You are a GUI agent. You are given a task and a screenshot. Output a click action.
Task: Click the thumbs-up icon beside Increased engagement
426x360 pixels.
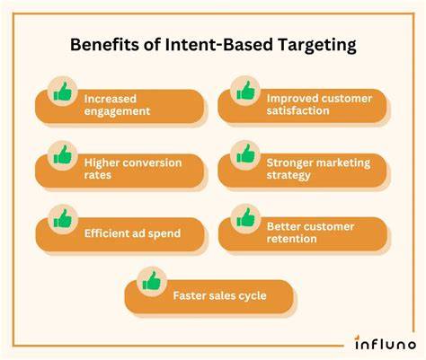coord(63,92)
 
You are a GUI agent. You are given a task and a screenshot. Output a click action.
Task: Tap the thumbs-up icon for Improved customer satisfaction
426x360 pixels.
coord(245,91)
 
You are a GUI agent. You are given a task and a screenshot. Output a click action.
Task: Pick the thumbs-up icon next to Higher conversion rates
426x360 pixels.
coord(63,155)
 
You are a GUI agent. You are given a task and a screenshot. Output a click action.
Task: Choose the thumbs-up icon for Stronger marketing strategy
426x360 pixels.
coord(245,154)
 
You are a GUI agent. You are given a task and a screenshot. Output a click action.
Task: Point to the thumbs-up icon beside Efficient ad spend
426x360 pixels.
coord(63,218)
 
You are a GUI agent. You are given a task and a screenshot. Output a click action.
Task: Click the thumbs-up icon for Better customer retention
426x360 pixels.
coord(245,217)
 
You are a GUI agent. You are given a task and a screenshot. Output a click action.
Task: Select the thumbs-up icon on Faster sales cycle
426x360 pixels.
coord(152,281)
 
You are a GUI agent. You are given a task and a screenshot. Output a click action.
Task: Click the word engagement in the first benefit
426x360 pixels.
coord(117,111)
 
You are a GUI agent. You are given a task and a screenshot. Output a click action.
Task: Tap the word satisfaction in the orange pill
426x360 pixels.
coord(298,110)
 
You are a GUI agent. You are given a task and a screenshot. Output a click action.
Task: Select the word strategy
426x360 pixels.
coord(288,176)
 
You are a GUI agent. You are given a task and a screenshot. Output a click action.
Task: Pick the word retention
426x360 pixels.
coord(292,239)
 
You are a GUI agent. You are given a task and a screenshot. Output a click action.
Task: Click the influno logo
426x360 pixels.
coord(386,343)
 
